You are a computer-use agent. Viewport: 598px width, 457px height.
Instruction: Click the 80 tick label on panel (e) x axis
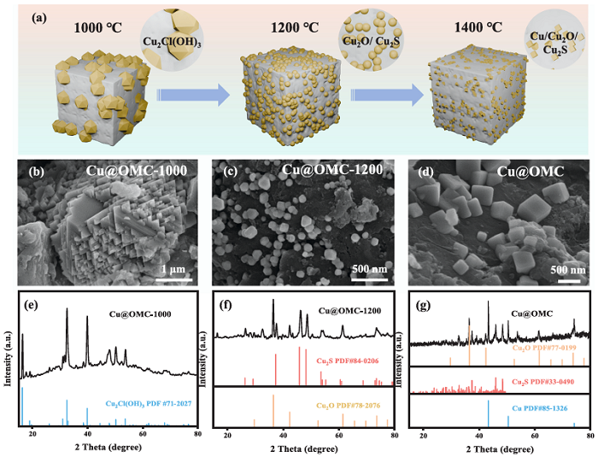click(196, 434)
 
